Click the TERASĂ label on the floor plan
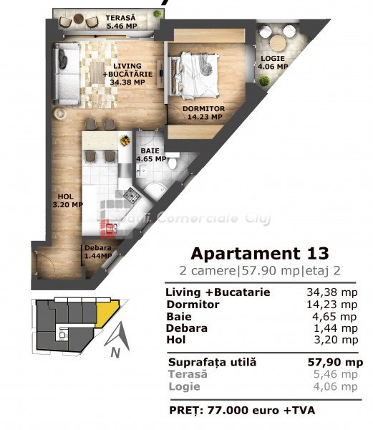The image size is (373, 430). tap(121, 18)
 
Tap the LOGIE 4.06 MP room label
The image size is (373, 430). tap(273, 62)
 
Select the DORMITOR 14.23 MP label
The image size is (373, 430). tap(204, 113)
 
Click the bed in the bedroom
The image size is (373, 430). tap(194, 77)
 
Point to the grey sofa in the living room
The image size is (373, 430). tap(66, 74)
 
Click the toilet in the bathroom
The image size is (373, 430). tap(173, 161)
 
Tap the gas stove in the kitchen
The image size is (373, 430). tap(132, 196)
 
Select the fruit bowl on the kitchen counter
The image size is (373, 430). tap(125, 140)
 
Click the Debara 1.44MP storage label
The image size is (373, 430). tap(98, 252)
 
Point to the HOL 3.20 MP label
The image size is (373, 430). tap(67, 201)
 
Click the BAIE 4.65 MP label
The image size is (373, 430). tap(151, 155)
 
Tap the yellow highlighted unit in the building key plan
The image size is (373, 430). tap(107, 313)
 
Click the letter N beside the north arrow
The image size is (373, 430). tap(115, 352)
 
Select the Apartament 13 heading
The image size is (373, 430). tap(259, 254)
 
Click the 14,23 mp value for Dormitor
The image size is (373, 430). tap(332, 305)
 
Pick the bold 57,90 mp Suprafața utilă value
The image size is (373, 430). tap(335, 362)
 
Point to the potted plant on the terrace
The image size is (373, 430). tap(158, 14)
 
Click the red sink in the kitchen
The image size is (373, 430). tap(108, 228)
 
